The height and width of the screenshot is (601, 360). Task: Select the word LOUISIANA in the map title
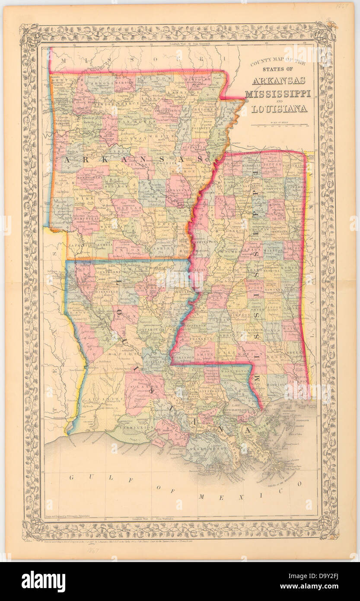point(279,108)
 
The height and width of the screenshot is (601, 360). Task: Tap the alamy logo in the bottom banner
point(43,582)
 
